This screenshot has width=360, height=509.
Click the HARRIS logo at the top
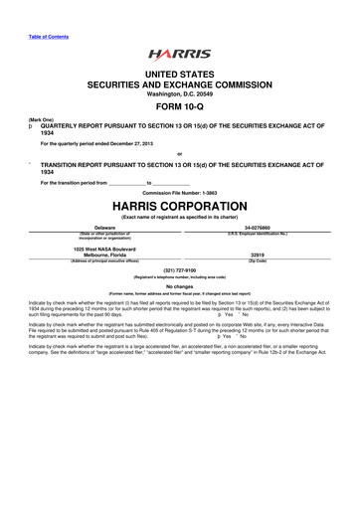point(179,55)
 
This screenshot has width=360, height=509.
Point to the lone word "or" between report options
point(179,152)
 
